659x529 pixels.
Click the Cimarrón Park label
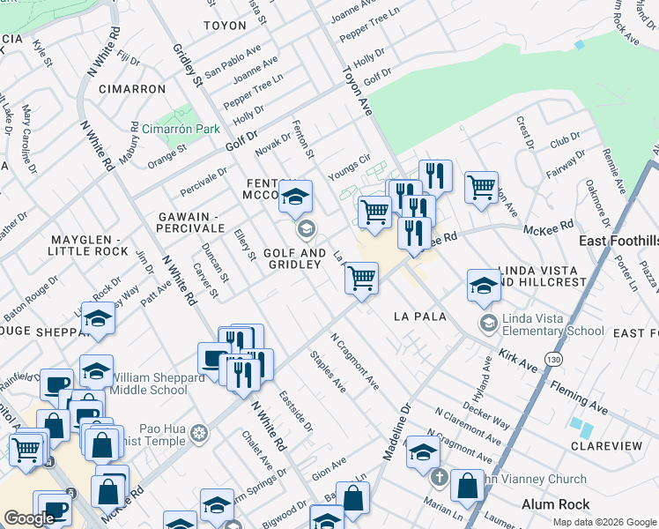[x=181, y=129]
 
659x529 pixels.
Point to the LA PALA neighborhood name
[x=420, y=316]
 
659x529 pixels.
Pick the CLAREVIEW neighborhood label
[x=606, y=446]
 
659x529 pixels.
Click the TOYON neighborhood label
[x=225, y=26]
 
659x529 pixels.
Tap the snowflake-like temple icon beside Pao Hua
[x=200, y=433]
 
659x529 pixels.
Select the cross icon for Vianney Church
[x=440, y=480]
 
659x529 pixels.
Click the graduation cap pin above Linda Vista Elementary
[x=484, y=286]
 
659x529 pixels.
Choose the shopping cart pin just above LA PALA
[x=362, y=279]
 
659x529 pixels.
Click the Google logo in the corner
[x=29, y=518]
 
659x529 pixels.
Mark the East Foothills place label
[x=618, y=241]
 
